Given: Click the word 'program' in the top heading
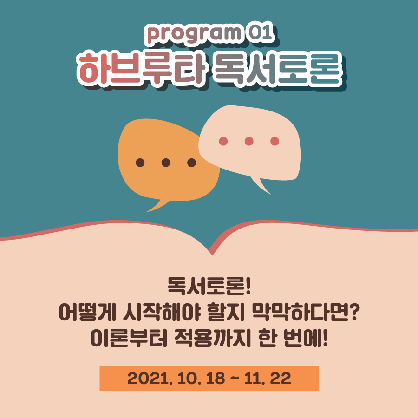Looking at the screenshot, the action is (x=194, y=34).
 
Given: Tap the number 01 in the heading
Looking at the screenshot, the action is (x=261, y=32).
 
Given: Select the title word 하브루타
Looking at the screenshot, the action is (x=141, y=69).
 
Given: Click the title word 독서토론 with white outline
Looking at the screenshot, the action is (x=278, y=69).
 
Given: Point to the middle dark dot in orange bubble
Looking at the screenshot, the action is (x=166, y=163).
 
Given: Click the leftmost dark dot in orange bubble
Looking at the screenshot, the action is (x=140, y=163).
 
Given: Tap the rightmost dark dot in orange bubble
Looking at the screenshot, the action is (x=192, y=163).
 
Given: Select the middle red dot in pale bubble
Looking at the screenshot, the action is (x=249, y=141).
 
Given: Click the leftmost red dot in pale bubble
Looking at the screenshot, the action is (x=223, y=141).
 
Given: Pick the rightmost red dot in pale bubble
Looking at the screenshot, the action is (x=275, y=141).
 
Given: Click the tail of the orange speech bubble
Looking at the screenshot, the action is (x=157, y=206).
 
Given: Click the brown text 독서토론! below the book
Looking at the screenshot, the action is (x=209, y=286).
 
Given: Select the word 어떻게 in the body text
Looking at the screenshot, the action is (x=87, y=312).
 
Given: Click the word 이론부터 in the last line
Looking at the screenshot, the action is (x=129, y=338).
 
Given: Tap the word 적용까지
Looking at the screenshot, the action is (x=212, y=338).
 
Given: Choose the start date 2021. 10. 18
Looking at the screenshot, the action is (x=176, y=378).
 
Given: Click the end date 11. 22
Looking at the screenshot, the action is (x=268, y=378).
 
